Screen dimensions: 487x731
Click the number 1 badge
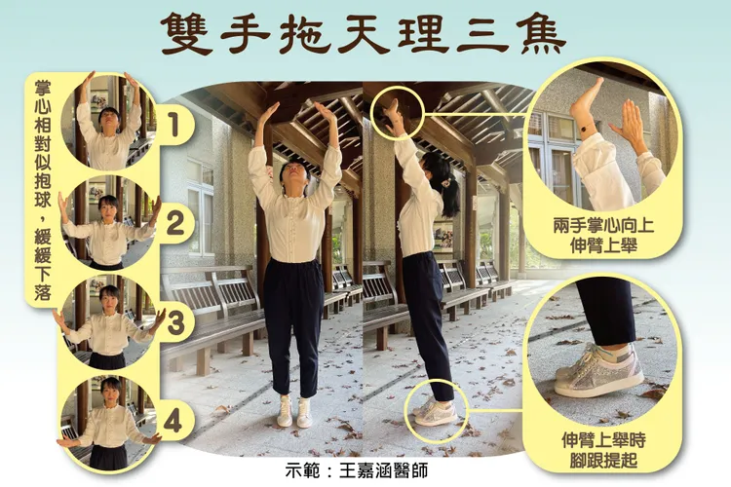[x=173, y=124]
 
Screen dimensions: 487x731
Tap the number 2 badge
[x=173, y=224]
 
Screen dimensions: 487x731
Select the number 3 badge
[x=173, y=323]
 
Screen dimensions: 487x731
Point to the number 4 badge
[x=173, y=422]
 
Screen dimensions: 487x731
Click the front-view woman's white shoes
[x=293, y=411]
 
